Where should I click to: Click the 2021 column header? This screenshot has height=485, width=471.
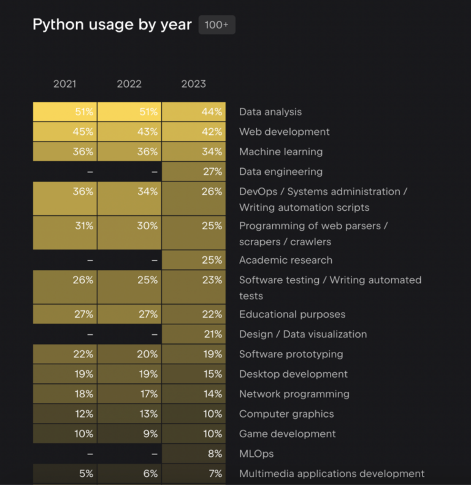[64, 84]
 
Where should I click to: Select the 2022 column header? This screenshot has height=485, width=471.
[129, 84]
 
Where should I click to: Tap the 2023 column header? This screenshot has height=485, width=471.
[193, 84]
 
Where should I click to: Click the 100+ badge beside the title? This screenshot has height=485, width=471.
[216, 25]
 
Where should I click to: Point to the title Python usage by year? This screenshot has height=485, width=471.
[112, 25]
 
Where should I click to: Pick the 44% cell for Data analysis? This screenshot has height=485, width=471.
[194, 112]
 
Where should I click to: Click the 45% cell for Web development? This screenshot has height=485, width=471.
[65, 131]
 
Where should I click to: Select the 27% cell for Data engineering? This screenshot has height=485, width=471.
[194, 171]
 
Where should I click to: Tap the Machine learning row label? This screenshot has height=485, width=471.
[281, 151]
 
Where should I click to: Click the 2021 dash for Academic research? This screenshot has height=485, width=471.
[90, 261]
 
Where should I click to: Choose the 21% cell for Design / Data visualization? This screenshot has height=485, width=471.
[194, 334]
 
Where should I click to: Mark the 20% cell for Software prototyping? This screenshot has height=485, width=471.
[129, 354]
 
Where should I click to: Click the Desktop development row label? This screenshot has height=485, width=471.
[293, 374]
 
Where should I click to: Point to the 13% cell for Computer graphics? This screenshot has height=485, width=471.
[129, 413]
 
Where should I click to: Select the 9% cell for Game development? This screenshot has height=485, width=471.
[129, 433]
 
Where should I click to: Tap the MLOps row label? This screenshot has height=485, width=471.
[256, 454]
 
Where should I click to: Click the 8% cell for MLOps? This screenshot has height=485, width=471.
[194, 454]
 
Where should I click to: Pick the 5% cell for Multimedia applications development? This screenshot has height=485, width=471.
[65, 473]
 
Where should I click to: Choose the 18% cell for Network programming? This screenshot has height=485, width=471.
[65, 394]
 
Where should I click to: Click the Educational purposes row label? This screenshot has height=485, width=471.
[292, 315]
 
